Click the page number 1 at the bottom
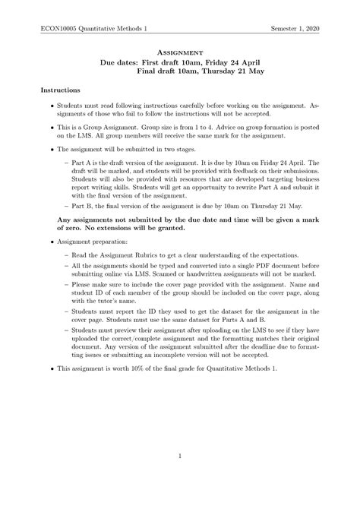pos(180,457)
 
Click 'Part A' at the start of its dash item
pos(81,163)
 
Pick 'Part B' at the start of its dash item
pos(81,205)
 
